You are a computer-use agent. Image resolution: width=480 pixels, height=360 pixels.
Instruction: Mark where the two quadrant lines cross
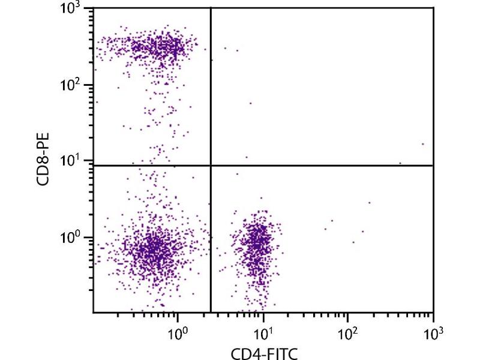211,165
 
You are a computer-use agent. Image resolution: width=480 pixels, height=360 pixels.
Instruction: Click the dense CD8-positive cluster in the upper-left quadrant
162,47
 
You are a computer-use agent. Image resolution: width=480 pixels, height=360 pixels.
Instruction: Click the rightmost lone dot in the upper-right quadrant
423,144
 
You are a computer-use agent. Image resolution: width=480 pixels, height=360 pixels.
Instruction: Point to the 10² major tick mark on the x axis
348,314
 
